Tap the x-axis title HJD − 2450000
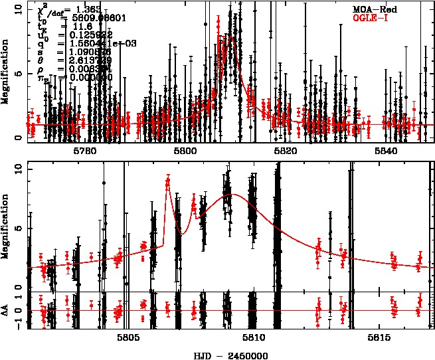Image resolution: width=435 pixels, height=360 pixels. [232, 354]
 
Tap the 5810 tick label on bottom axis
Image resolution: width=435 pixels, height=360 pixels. [254, 337]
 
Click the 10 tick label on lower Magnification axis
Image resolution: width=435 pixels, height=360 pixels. [19, 169]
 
